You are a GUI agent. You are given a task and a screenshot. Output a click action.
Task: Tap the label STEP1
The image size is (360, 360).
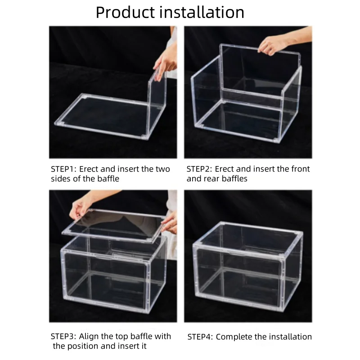(x=63, y=169)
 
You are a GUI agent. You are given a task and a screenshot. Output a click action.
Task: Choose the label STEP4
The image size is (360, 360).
(x=199, y=337)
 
